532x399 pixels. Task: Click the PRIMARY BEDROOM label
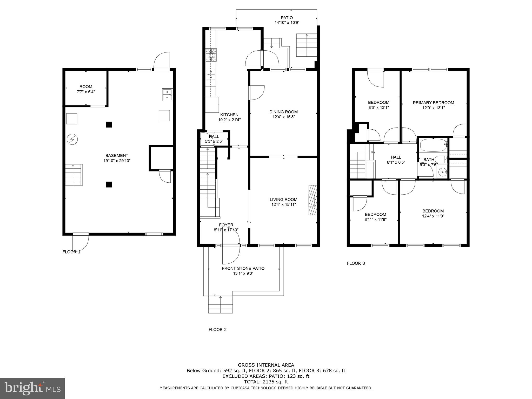click(433, 103)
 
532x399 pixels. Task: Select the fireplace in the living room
click(313, 200)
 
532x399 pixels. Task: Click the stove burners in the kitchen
click(211, 55)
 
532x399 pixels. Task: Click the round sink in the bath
click(442, 172)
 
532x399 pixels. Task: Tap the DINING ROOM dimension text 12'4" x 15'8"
click(283, 117)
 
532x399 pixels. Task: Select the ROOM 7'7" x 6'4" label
click(86, 89)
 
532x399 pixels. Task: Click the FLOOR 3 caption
click(356, 263)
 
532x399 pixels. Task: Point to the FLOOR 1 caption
click(71, 252)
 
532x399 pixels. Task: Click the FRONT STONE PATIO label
click(243, 268)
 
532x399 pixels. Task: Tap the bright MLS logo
click(32, 388)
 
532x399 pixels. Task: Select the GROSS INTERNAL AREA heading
click(266, 365)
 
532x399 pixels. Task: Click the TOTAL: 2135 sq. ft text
click(266, 382)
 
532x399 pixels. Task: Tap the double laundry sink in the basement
click(167, 94)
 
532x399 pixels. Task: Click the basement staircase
click(74, 175)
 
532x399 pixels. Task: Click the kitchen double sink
click(211, 74)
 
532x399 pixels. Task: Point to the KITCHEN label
click(229, 115)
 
